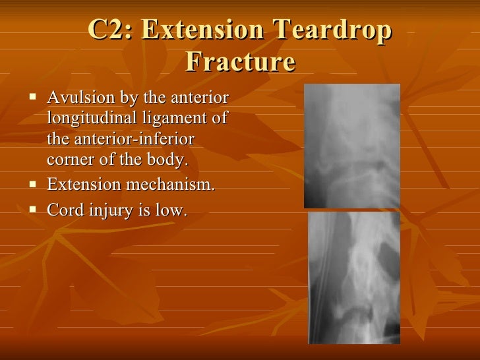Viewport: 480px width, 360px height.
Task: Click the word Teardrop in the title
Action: pos(333,31)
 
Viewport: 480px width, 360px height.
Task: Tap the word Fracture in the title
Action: pos(240,63)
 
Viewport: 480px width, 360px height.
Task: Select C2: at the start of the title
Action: pos(109,31)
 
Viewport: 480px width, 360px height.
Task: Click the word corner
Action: pos(69,160)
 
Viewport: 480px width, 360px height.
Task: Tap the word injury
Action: pos(105,211)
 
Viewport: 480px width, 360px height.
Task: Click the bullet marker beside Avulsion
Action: pos(34,99)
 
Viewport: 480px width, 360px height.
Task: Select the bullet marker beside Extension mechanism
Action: pos(34,186)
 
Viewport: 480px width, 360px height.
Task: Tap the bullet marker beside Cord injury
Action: pos(34,210)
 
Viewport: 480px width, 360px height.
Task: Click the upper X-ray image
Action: pos(351,146)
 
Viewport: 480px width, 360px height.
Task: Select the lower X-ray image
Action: pos(354,278)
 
